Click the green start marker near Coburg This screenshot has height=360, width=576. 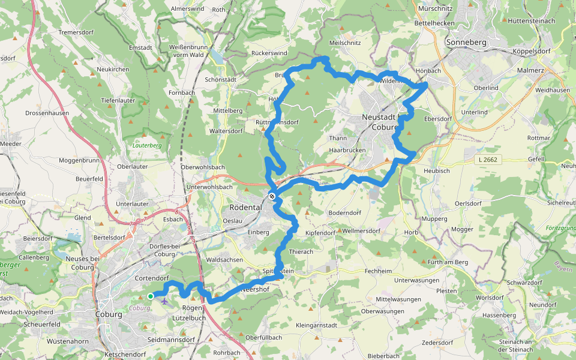(150, 296)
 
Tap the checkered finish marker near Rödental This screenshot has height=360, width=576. (272, 196)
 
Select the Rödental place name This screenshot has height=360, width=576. (246, 207)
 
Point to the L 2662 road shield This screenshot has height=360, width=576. (489, 160)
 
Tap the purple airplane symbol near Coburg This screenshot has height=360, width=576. (164, 300)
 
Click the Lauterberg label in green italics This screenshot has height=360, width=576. (147, 145)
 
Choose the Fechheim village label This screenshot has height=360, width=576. (378, 271)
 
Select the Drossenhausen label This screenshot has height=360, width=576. (47, 113)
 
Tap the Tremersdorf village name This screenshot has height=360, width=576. (77, 32)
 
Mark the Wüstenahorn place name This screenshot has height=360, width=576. (68, 341)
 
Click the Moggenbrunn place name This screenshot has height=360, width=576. (79, 161)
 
